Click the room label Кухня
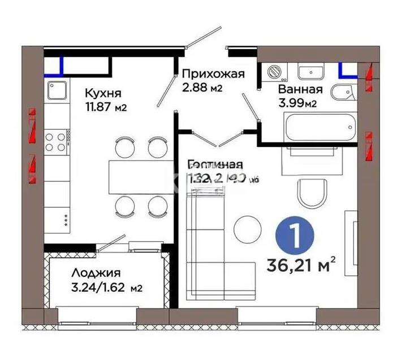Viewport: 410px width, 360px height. tap(103, 93)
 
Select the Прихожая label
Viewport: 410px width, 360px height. tap(212, 74)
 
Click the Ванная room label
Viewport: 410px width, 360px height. tap(300, 89)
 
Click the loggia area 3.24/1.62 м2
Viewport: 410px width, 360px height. tap(98, 288)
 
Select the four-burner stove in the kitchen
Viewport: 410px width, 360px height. tap(56, 141)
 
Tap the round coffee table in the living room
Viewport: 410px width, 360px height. tap(247, 228)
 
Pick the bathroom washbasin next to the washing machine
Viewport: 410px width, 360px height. tap(309, 72)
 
